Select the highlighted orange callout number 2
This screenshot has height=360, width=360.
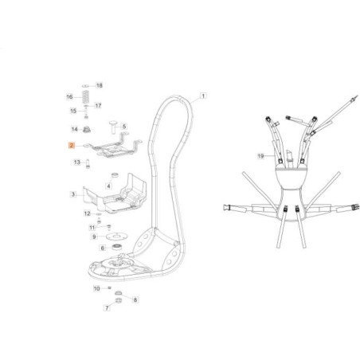[x=71, y=146]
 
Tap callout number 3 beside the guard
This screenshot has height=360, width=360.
[x=73, y=194]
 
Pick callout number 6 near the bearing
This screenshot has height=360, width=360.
[x=102, y=248]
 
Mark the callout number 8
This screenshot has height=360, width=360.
[x=135, y=299]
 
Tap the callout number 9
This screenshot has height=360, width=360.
[x=93, y=237]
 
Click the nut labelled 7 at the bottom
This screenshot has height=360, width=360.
[x=119, y=303]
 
